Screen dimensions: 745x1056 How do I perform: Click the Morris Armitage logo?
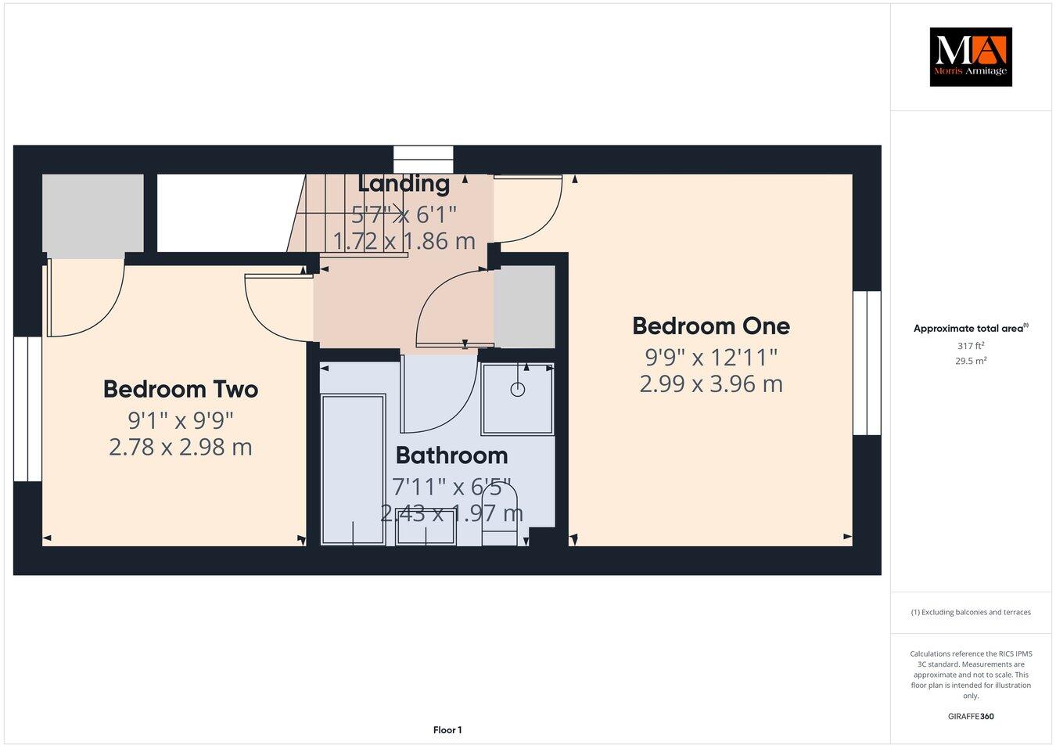[x=970, y=57]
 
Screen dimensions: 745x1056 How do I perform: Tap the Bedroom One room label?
[x=710, y=326]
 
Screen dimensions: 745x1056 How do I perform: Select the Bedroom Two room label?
[x=181, y=389]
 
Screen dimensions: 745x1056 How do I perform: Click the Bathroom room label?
[x=451, y=455]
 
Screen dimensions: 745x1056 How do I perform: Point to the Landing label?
[x=404, y=184]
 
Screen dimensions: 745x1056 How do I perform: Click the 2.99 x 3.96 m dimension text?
[x=710, y=384]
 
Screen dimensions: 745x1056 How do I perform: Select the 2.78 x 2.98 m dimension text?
[x=181, y=448]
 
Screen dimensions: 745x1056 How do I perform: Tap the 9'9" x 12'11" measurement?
[x=710, y=357]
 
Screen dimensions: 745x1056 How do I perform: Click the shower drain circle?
[x=517, y=389]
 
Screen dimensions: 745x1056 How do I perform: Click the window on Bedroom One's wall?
[x=866, y=362]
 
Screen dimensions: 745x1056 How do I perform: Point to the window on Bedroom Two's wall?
[x=27, y=408]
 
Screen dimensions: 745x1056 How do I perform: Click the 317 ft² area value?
[x=970, y=345]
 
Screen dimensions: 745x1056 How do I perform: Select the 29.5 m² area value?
[x=970, y=361]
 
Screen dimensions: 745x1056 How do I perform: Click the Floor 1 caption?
[x=447, y=730]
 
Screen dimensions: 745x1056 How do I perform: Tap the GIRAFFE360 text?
[x=970, y=715]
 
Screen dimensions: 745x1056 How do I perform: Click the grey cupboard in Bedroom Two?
[x=92, y=213]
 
